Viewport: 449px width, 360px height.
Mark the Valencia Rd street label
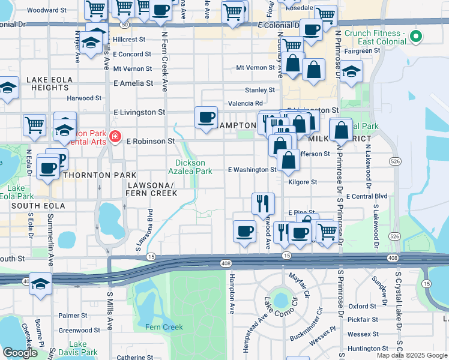246,103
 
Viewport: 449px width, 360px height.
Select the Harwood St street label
84,98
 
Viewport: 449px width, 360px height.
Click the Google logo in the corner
20,352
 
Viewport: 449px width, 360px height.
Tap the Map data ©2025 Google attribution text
411,355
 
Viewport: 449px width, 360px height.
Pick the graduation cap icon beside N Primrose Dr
352,70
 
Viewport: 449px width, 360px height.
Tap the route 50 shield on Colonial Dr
124,25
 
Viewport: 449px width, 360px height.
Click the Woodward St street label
47,10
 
